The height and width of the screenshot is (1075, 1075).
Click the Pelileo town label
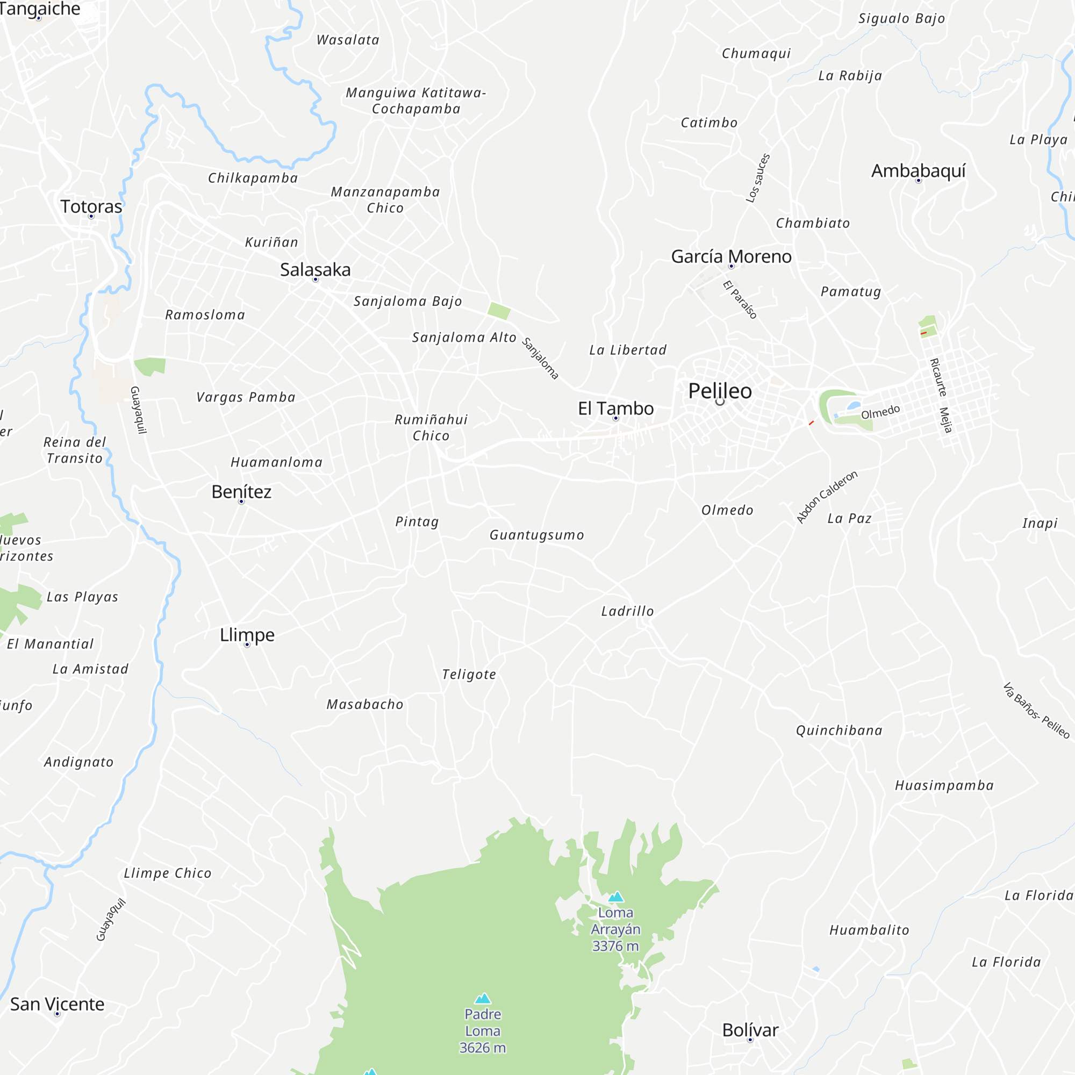720,391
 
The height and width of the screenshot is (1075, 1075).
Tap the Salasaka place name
315,270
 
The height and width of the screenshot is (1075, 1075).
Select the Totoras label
91,206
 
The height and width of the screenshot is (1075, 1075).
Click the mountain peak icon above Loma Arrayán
615,897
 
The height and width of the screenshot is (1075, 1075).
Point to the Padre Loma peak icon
483,998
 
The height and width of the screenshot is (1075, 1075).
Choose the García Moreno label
730,256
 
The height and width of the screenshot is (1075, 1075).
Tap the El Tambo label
615,408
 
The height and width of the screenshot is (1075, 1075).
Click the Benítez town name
241,492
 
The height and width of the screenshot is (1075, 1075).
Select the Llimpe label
247,634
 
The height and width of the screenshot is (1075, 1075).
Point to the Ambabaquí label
918,171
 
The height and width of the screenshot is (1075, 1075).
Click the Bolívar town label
749,1030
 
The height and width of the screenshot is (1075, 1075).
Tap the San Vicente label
58,1005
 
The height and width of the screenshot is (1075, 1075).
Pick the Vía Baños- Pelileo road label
1036,711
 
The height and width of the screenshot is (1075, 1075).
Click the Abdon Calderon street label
826,497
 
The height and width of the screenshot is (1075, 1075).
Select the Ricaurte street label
938,377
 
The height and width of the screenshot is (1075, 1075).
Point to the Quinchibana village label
838,730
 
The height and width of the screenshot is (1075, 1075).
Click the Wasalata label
348,40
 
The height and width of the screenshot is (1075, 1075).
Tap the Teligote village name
469,675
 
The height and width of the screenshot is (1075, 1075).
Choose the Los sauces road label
758,177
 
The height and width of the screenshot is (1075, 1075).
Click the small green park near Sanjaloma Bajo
499,311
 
